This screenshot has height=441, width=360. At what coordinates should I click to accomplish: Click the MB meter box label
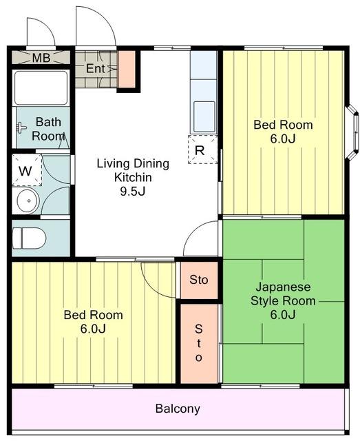pos(41,58)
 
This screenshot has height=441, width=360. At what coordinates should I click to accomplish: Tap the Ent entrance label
pos(96,68)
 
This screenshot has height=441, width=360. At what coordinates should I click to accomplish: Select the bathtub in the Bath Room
pos(41,88)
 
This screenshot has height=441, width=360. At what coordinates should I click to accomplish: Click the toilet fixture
pos(29,238)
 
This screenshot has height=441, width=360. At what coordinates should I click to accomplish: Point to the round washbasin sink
pos(28,201)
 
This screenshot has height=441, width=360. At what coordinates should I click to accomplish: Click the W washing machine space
pos(27,170)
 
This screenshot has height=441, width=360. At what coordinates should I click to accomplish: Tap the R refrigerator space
pos(202,150)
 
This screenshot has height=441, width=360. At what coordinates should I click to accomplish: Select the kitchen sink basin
pos(204,116)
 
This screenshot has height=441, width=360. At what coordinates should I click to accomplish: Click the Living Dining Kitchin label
pos(133,170)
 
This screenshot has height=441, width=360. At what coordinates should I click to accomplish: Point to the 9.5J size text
pos(133,192)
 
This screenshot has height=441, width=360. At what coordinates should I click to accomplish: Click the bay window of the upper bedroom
pos(352,132)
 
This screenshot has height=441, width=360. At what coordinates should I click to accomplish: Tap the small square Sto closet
pos(199,280)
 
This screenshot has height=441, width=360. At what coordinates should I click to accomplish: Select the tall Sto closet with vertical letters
pos(199,344)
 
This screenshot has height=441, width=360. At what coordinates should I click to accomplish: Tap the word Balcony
pos(178,409)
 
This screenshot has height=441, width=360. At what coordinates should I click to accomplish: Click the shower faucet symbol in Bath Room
pos(21,128)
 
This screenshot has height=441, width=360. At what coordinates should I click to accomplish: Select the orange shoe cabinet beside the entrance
pos(127,69)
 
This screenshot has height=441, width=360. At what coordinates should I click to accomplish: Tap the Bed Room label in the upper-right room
pos(283,125)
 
